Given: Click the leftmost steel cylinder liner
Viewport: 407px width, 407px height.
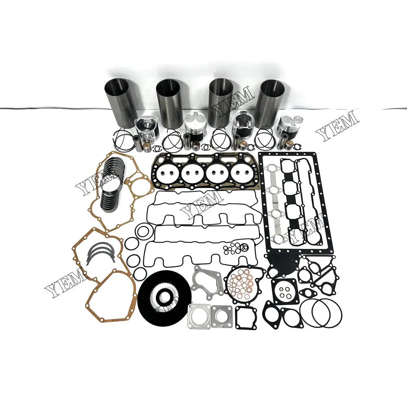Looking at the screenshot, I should click(x=120, y=100).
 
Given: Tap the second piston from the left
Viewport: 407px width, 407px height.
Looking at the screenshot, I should click(x=195, y=127).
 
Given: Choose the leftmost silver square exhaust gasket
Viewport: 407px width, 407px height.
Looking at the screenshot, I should click(x=199, y=317).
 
